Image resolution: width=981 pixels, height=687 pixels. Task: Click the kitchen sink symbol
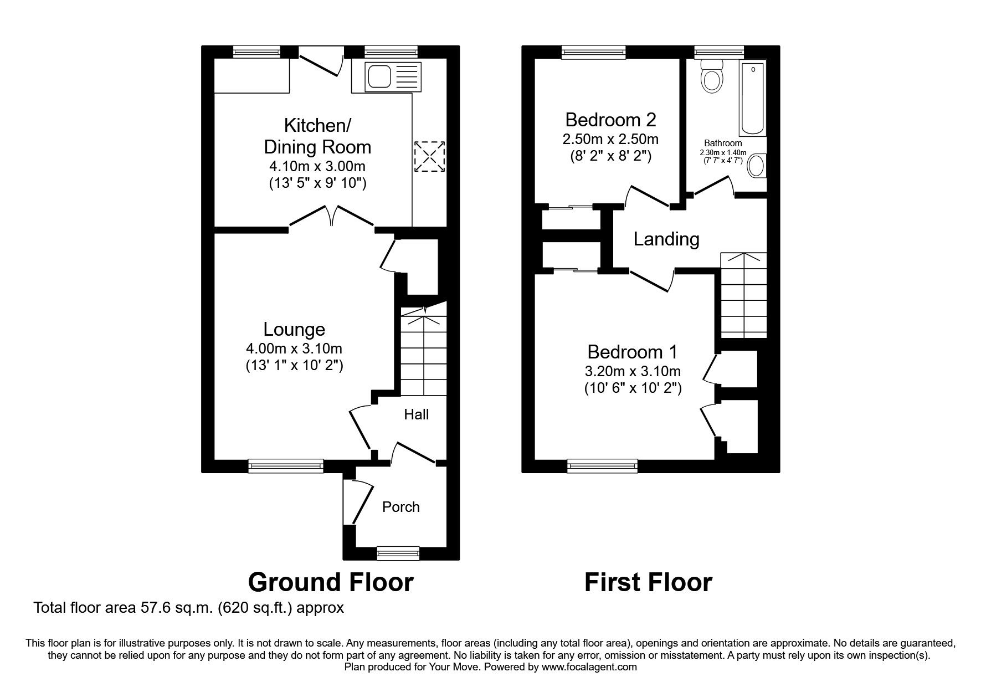pyautogui.click(x=386, y=76)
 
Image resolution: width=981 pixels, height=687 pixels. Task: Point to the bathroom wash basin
pyautogui.click(x=756, y=166)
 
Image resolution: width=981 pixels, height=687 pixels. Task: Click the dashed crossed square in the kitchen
pyautogui.click(x=429, y=157)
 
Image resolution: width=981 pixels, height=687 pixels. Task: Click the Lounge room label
pyautogui.click(x=294, y=329)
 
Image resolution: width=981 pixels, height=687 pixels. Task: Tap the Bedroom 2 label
pyautogui.click(x=610, y=120)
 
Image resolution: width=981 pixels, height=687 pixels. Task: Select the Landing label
pyautogui.click(x=666, y=239)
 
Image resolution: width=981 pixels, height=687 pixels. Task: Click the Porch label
pyautogui.click(x=400, y=507)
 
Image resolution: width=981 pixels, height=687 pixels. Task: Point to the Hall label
pyautogui.click(x=416, y=414)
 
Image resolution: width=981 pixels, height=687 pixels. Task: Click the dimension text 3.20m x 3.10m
pyautogui.click(x=633, y=371)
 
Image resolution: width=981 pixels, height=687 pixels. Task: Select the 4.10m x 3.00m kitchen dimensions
pyautogui.click(x=317, y=166)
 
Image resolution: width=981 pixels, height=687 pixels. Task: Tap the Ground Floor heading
pyautogui.click(x=331, y=582)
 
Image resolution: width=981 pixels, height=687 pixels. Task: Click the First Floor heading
pyautogui.click(x=648, y=582)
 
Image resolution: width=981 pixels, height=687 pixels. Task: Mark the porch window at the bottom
pyautogui.click(x=398, y=552)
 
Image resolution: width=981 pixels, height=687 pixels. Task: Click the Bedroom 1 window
pyautogui.click(x=602, y=466)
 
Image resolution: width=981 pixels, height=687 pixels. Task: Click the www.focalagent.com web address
pyautogui.click(x=589, y=668)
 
